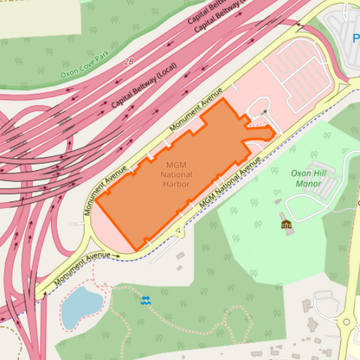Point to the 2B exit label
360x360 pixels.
[128, 61]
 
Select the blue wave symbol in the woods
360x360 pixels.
[145, 299]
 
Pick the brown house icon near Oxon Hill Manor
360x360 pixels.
[286, 224]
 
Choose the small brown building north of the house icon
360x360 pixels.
[278, 201]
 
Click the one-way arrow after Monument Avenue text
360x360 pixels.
[116, 256]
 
